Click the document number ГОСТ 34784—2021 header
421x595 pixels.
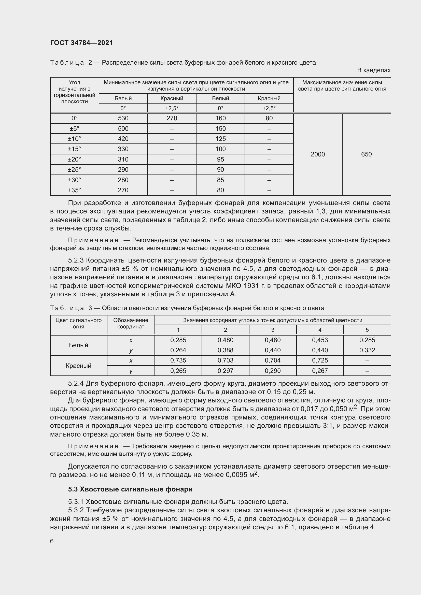click(x=81, y=43)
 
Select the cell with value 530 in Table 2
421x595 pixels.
click(x=123, y=118)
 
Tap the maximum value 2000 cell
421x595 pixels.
click(x=318, y=154)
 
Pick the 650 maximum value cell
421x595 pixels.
click(x=366, y=154)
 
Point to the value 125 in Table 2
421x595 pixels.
click(x=220, y=139)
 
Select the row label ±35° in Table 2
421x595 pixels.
click(x=74, y=190)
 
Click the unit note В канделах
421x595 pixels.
click(x=374, y=70)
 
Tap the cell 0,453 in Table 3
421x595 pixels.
click(x=320, y=340)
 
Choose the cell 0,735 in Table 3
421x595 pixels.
click(x=178, y=360)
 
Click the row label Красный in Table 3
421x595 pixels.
click(x=79, y=366)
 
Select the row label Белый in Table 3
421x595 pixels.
click(x=79, y=345)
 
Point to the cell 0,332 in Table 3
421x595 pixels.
click(x=367, y=350)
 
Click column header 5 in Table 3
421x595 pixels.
click(x=367, y=330)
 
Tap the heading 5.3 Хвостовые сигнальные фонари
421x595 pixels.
click(x=130, y=489)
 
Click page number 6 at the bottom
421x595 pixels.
click(x=52, y=541)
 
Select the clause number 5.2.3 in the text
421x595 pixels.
click(x=76, y=260)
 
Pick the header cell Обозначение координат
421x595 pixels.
click(x=131, y=323)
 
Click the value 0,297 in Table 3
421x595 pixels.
click(x=225, y=371)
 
